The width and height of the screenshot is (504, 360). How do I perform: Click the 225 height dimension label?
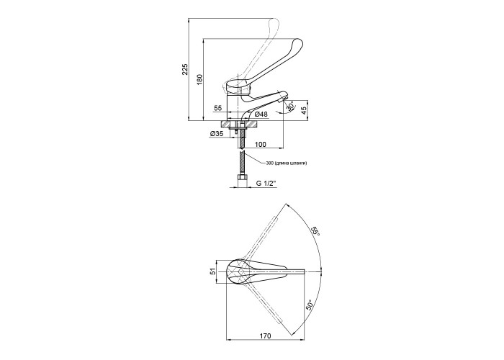pos(185,69)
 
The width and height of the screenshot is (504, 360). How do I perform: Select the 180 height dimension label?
pos(200,79)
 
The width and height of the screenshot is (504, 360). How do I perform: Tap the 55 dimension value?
pos(218,108)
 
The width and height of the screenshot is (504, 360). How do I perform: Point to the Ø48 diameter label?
pos(261,114)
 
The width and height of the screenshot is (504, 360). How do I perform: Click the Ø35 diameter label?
pos(217,134)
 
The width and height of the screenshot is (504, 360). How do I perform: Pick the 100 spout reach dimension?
pos(261,144)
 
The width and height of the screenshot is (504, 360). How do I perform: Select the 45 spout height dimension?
pos(304,110)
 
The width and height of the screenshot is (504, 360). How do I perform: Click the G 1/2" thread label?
pos(266,184)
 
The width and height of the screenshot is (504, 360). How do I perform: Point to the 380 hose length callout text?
pos(286,163)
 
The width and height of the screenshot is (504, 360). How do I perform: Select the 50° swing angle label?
pos(309,305)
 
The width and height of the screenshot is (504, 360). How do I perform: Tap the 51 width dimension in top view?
pos(212,272)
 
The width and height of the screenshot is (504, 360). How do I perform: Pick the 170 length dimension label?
pos(265,336)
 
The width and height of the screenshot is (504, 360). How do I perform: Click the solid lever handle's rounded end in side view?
pos(297,43)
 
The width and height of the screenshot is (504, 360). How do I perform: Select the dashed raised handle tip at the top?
pos(275,23)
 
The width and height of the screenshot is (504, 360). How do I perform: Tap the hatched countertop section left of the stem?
pos(229,124)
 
